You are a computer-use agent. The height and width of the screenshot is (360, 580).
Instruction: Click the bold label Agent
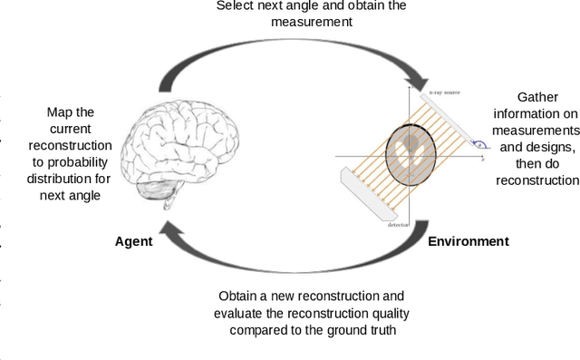[133, 241]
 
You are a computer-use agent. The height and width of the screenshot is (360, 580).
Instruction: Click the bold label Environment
[468, 241]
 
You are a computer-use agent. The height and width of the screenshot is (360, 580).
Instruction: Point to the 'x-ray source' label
[443, 92]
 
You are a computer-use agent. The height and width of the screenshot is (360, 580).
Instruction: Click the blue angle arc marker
[478, 142]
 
